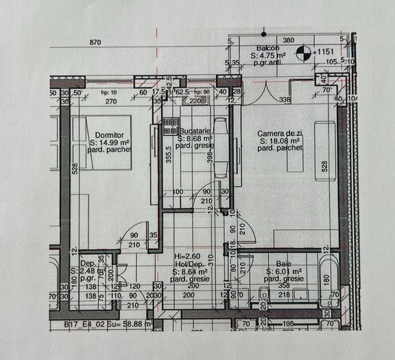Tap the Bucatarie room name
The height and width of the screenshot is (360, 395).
(x=194, y=131)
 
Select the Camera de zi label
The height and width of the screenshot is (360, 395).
(x=279, y=133)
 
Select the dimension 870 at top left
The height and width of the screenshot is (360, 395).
(x=95, y=42)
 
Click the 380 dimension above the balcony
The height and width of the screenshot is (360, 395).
(x=289, y=40)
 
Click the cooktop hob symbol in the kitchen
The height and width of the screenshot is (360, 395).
(x=170, y=127)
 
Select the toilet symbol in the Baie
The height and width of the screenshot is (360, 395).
(x=265, y=295)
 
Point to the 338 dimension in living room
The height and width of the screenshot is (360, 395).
(x=285, y=99)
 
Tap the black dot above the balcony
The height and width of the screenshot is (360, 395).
(x=264, y=34)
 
